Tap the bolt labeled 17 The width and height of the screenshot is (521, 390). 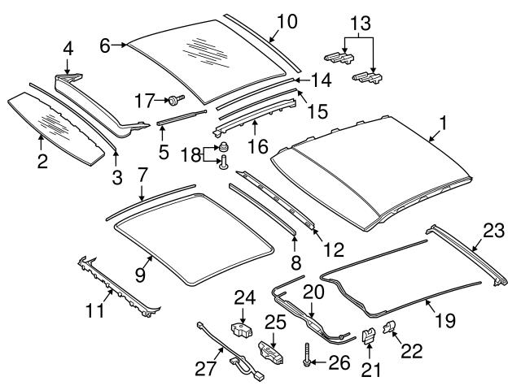174,99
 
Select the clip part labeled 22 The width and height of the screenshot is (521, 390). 390,329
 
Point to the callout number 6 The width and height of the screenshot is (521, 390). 104,46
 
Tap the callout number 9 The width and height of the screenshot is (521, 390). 140,275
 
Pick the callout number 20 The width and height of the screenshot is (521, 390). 314,291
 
